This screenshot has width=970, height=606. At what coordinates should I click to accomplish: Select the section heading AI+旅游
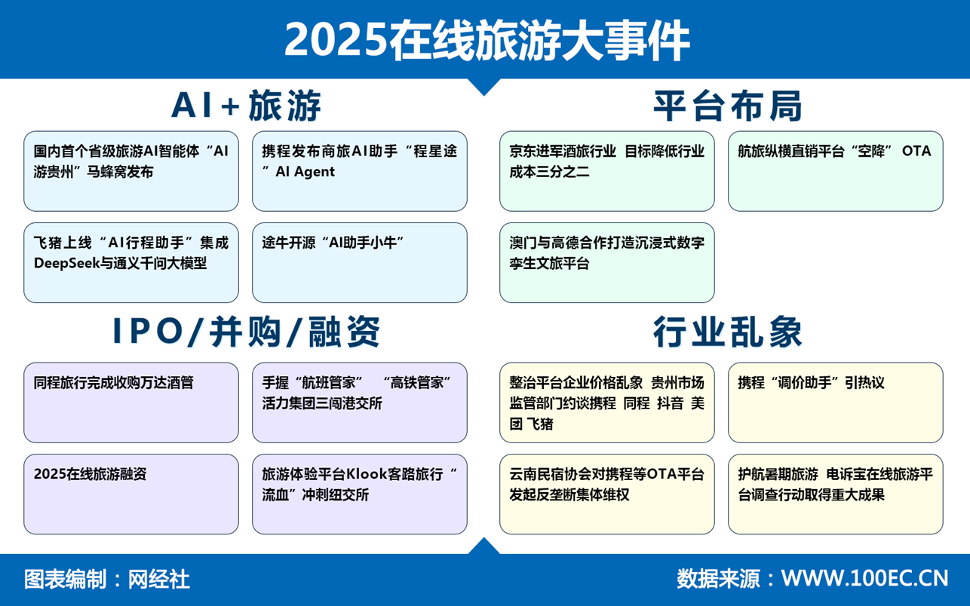click(x=247, y=106)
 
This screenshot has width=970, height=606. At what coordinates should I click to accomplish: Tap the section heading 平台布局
click(x=727, y=106)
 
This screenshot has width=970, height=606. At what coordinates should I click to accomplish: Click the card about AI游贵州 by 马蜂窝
click(x=131, y=170)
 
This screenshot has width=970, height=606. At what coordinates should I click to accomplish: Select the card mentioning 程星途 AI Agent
click(x=359, y=170)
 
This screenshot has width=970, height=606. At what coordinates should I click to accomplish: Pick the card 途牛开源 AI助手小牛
click(x=359, y=262)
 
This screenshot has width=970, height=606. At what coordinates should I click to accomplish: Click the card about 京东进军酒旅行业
click(x=606, y=170)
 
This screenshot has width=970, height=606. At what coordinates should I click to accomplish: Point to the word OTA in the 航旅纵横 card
click(x=916, y=151)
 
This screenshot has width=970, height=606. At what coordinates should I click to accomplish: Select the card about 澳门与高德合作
click(x=606, y=262)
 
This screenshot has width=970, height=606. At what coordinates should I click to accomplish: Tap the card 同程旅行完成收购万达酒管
click(x=131, y=402)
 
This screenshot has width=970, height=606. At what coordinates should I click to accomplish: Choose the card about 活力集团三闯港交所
click(x=359, y=402)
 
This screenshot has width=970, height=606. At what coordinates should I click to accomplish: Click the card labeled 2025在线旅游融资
click(x=131, y=494)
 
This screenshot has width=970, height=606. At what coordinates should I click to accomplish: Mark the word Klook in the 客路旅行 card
click(x=367, y=474)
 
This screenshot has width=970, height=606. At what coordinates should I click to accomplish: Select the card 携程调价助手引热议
click(x=835, y=402)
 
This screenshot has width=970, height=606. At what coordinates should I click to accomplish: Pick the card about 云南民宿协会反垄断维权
click(x=606, y=494)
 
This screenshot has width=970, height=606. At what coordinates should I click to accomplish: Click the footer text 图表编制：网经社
click(x=107, y=579)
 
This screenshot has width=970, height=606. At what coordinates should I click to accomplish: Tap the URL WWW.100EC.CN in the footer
click(x=864, y=578)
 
